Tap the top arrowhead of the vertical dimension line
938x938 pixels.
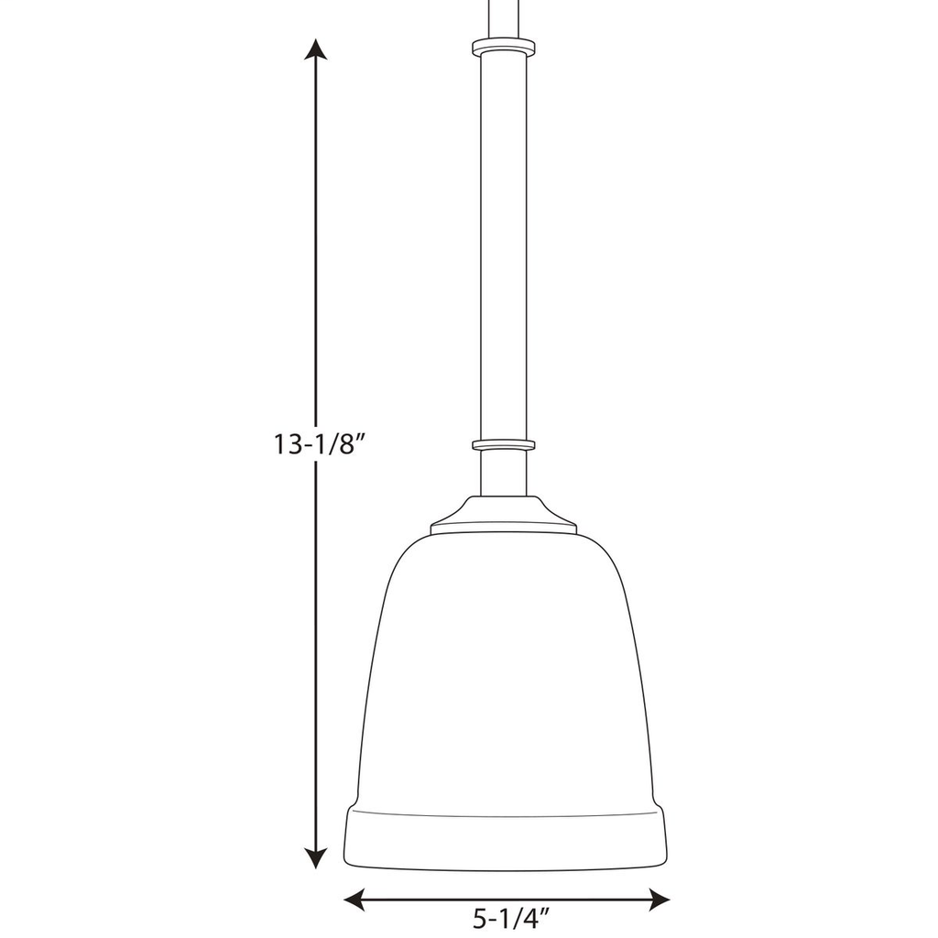(316, 51)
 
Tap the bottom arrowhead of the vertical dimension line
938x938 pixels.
(316, 857)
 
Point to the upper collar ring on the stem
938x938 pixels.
(503, 46)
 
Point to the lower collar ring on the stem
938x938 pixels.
(503, 445)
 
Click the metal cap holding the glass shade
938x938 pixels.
(503, 516)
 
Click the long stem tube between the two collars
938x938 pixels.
(503, 247)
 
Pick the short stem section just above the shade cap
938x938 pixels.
(503, 473)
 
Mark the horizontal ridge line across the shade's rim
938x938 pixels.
(504, 813)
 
